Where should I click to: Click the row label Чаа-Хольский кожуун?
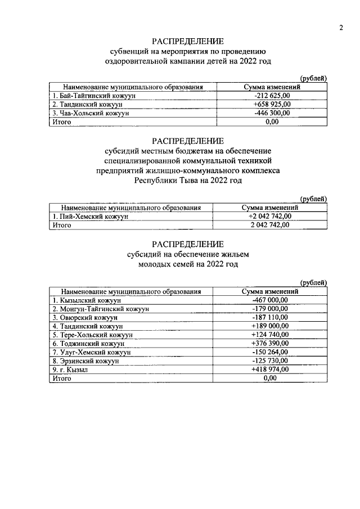(90, 113)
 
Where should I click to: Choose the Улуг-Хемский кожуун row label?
(91, 352)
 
